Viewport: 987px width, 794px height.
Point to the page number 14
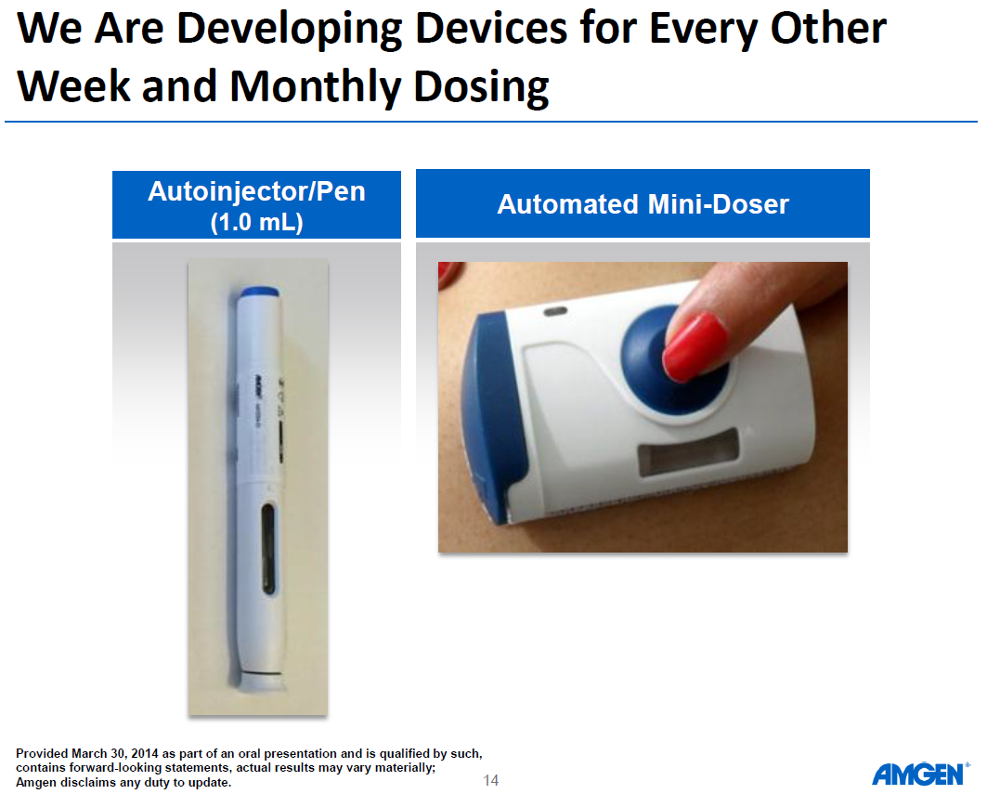click(491, 780)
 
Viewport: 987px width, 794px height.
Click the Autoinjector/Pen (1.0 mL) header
click(256, 205)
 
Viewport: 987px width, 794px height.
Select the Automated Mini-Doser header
click(643, 204)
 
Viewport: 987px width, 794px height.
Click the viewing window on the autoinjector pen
click(267, 549)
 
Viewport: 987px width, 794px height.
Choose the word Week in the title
click(74, 87)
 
